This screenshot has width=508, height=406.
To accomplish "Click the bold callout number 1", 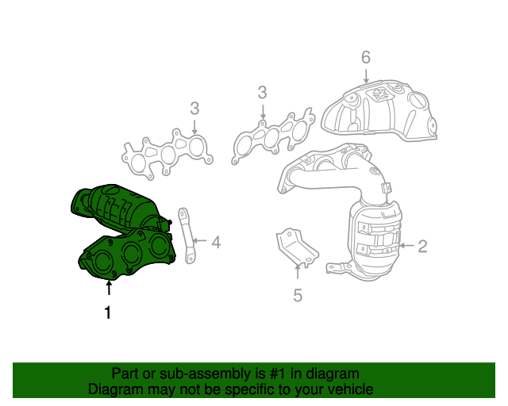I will click(x=108, y=313).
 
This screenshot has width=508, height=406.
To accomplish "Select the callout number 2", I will click(x=422, y=246).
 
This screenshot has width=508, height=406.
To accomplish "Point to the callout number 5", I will click(x=298, y=296).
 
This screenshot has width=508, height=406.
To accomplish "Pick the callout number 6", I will click(x=366, y=57).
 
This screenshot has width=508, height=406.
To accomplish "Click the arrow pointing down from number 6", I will click(x=366, y=77).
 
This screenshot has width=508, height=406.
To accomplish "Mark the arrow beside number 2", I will click(x=406, y=246).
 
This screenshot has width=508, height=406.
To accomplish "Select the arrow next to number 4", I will click(x=198, y=240).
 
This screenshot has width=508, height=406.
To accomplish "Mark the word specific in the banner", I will click(x=271, y=389).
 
